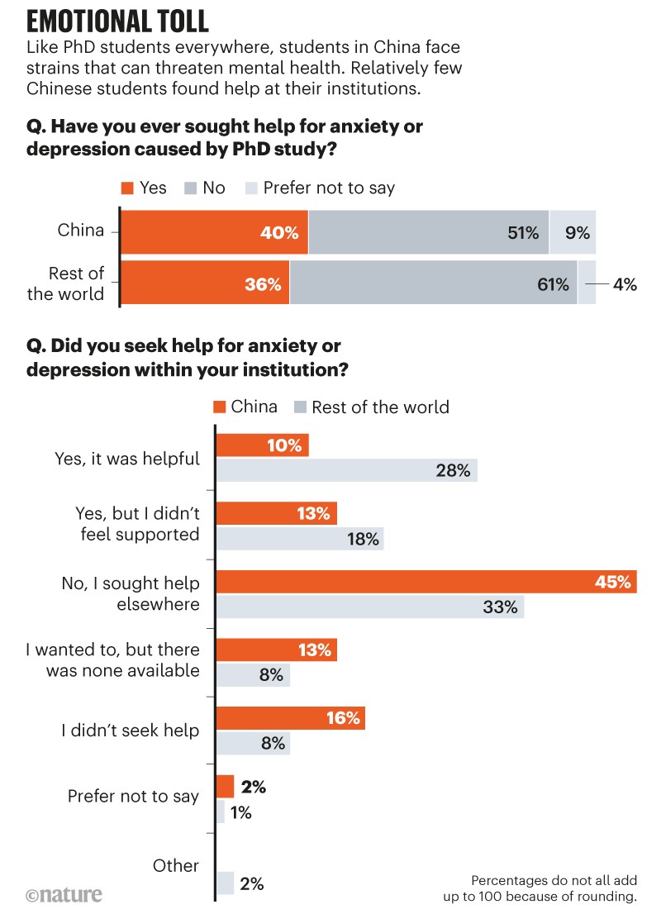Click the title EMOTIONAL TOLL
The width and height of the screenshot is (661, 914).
118,20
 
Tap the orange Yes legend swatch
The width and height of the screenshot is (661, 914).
127,188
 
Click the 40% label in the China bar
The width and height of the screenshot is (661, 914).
278,233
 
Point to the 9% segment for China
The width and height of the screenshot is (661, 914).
573,233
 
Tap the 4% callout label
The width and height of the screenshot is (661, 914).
625,284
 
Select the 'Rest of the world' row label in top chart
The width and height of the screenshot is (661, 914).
65,283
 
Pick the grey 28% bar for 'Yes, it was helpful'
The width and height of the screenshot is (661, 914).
347,471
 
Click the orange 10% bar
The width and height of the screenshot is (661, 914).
262,445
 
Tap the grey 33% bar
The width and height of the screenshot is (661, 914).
370,607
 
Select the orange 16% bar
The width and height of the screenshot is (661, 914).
290,717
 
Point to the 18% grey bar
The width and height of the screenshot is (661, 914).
300,539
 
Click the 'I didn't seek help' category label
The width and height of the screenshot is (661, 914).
131,730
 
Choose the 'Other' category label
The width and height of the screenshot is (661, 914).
176,865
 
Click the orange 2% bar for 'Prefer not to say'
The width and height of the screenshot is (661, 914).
224,785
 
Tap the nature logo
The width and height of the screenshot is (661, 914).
64,894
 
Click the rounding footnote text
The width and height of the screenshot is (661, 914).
554,888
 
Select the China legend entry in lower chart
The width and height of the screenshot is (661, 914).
245,407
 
